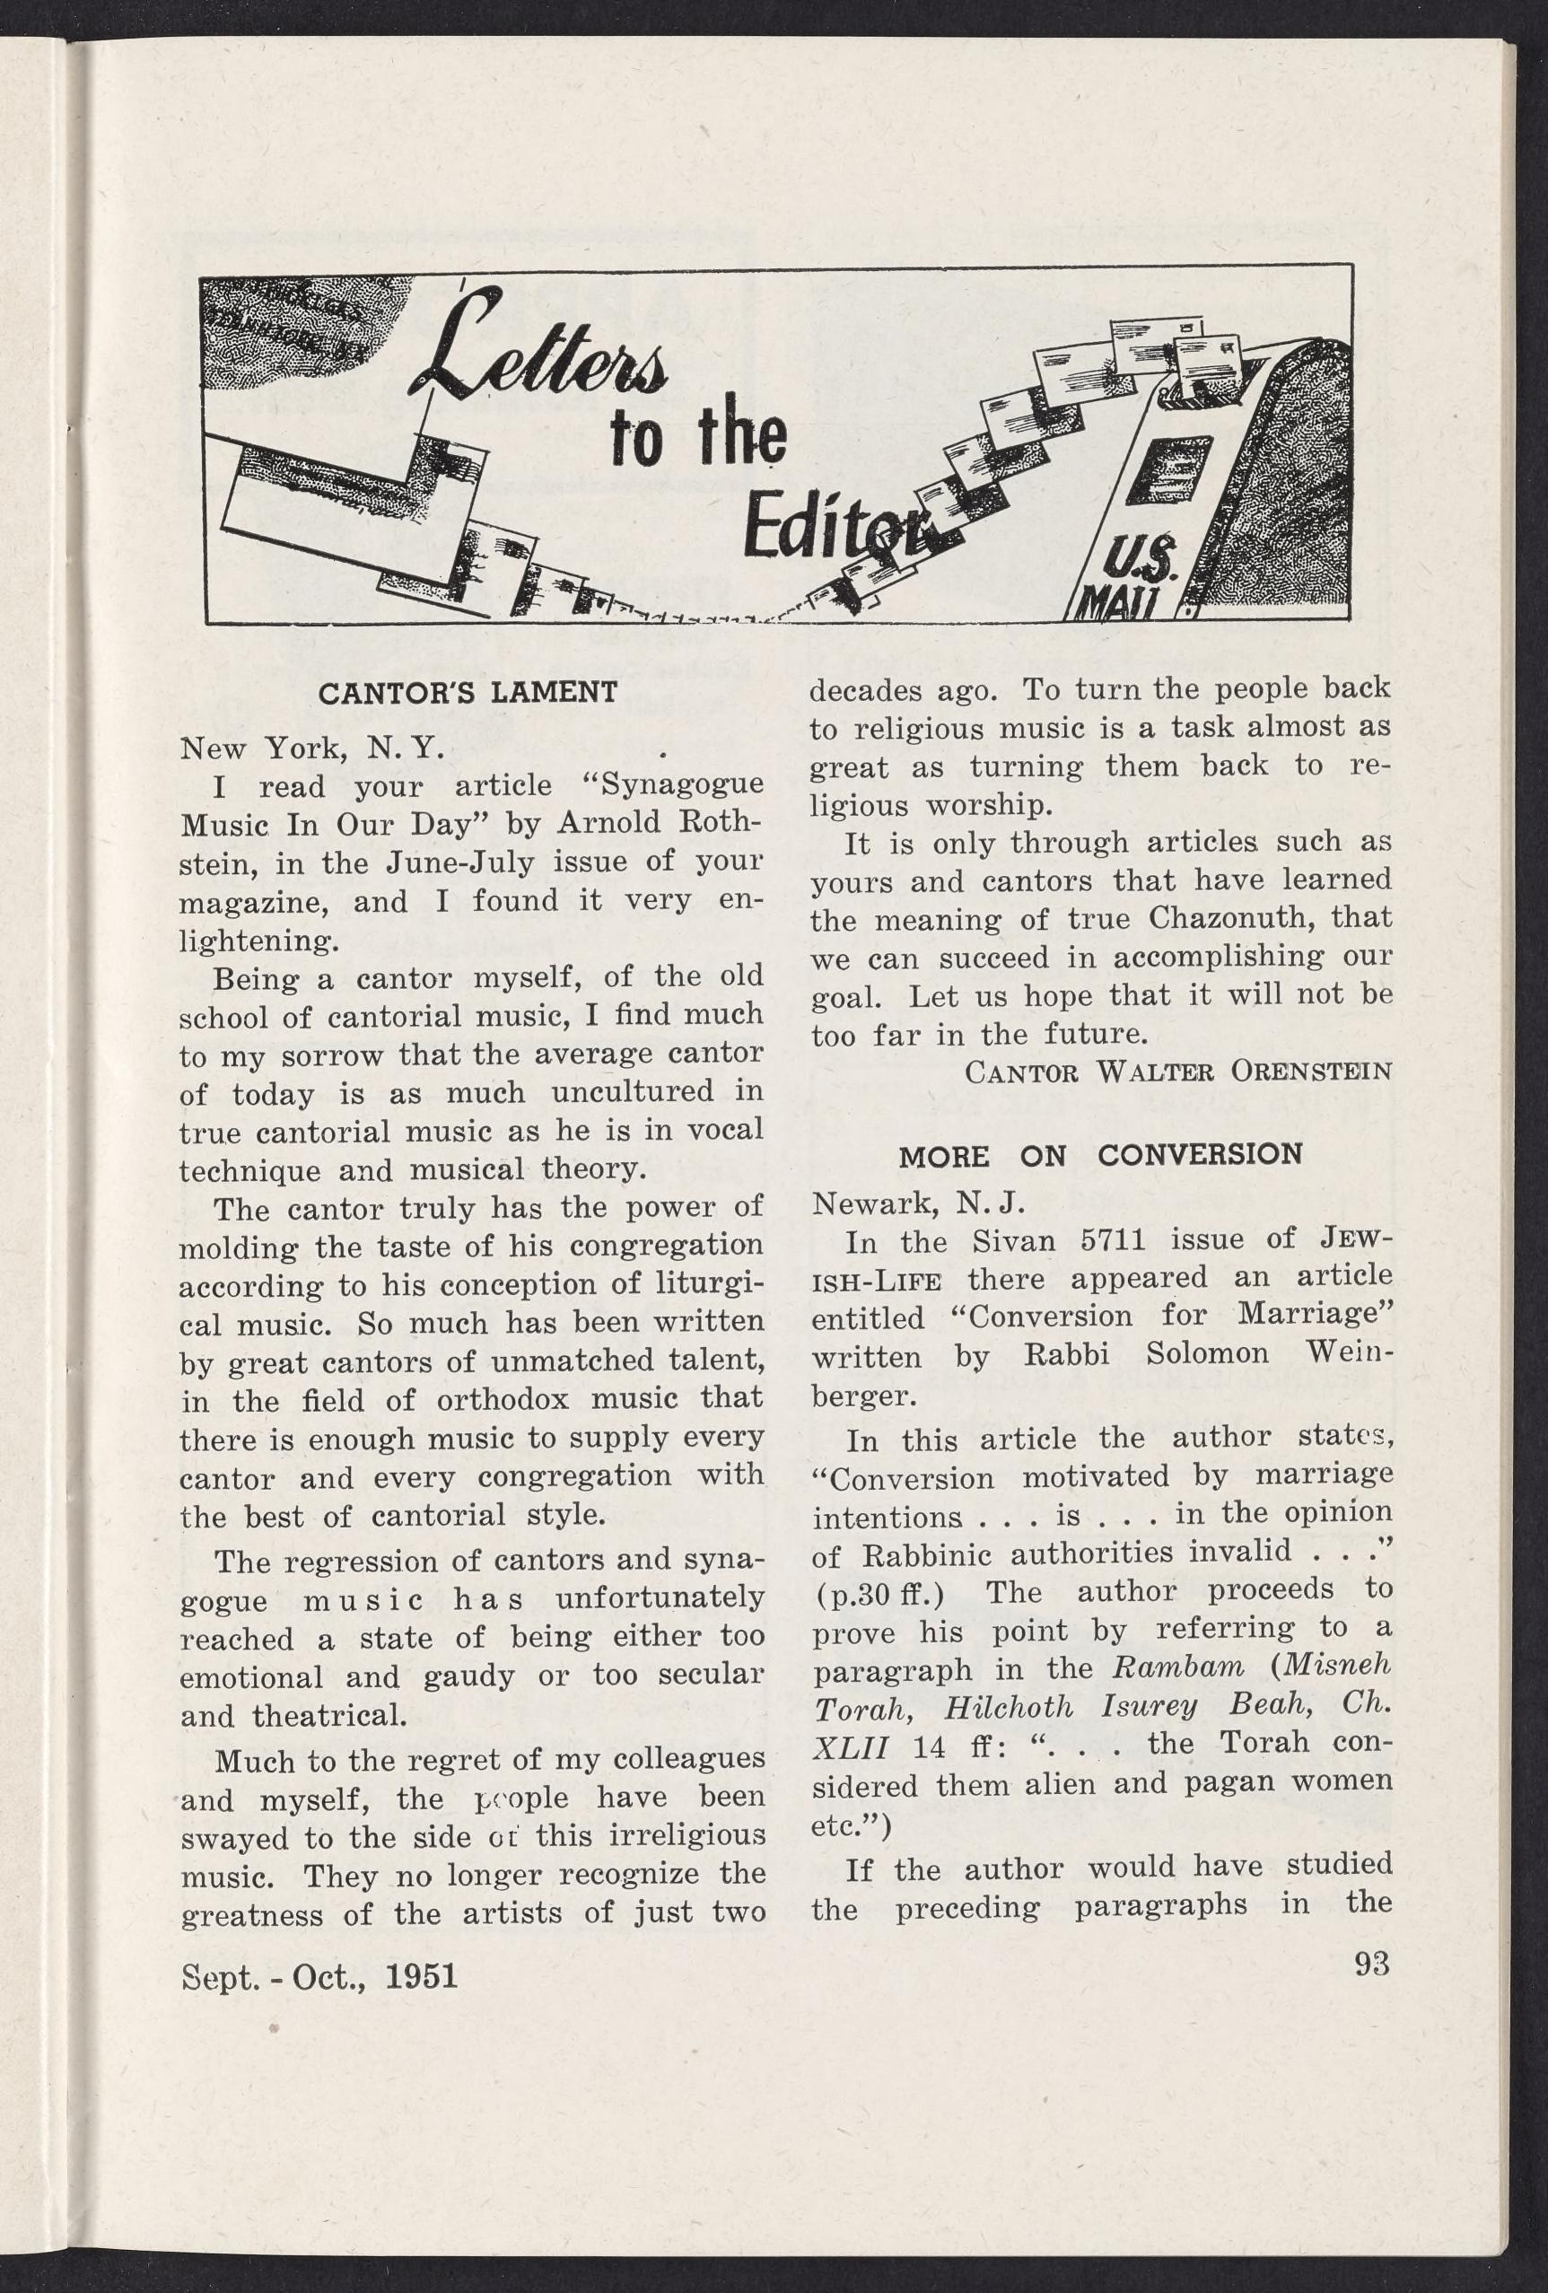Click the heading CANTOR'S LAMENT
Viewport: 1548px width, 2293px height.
point(468,692)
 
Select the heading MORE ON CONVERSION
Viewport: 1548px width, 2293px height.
point(1100,1155)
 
